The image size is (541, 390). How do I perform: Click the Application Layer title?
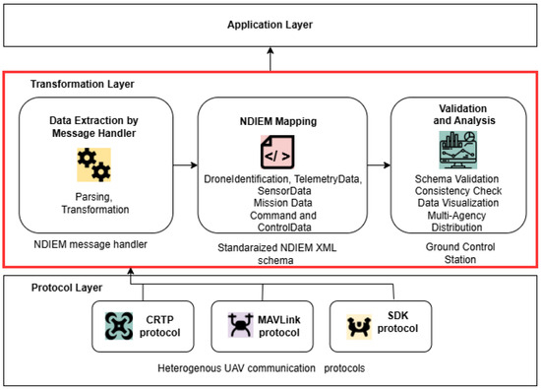270,25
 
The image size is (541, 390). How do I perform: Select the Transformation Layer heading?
82,84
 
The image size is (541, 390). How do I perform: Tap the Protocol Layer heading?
67,288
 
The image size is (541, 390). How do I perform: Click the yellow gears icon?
93,164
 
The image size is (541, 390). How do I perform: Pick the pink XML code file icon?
277,152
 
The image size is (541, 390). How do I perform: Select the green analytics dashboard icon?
458,150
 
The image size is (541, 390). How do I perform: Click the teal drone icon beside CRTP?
119,326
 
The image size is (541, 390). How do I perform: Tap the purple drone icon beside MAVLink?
241,325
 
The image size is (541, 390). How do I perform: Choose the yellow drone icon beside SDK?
359,326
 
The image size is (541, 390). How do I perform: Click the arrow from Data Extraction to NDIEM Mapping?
185,165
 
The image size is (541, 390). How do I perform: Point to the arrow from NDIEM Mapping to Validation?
379,165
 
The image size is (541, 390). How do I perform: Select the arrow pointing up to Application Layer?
270,59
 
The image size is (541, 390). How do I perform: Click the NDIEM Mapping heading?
278,121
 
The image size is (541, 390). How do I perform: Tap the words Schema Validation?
456,179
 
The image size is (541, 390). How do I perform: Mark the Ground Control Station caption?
460,253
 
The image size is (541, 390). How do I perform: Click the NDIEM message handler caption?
90,244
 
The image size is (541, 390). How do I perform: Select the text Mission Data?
283,203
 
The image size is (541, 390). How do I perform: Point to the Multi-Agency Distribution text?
456,222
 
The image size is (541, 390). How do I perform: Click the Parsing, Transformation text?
94,203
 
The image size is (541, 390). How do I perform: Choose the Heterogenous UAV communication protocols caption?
262,368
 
